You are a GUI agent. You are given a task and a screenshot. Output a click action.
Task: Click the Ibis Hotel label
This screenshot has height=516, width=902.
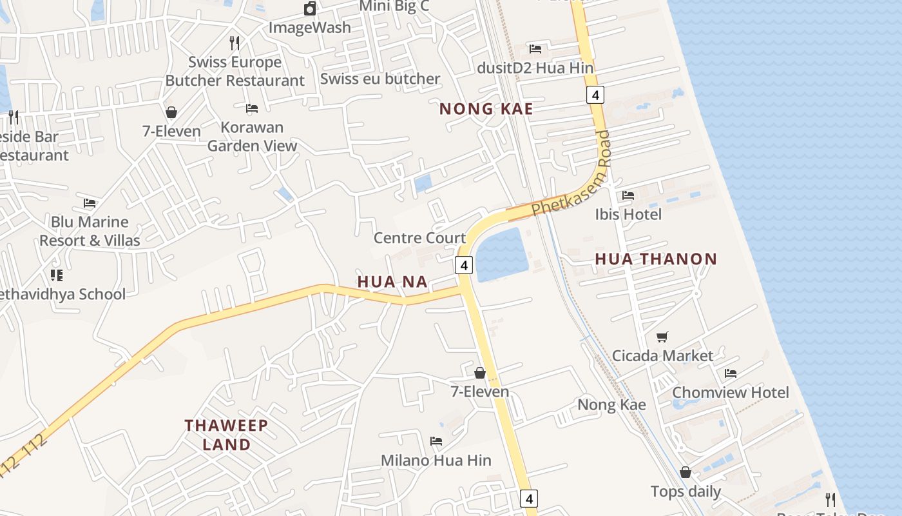pyautogui.click(x=628, y=214)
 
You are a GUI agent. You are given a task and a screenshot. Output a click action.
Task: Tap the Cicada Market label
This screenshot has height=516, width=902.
pyautogui.click(x=662, y=355)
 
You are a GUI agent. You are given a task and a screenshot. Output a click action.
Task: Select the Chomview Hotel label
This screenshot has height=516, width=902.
pyautogui.click(x=730, y=392)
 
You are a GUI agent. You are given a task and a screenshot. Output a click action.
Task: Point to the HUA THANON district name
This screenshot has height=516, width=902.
pyautogui.click(x=655, y=259)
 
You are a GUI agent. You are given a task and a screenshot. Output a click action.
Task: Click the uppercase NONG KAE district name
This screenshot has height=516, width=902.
pyautogui.click(x=486, y=109)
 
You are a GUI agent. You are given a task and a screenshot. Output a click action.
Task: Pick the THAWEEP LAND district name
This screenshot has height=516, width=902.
pyautogui.click(x=226, y=435)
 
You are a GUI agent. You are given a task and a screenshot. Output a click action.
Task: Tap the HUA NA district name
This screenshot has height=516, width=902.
pyautogui.click(x=392, y=281)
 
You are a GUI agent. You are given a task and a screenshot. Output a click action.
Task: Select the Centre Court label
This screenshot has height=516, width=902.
pyautogui.click(x=419, y=238)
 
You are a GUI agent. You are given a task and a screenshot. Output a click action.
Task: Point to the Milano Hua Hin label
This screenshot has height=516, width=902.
pyautogui.click(x=436, y=461)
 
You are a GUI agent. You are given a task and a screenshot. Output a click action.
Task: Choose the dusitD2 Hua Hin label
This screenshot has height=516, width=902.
pyautogui.click(x=535, y=67)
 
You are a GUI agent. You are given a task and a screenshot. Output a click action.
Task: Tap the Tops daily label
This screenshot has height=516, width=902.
pyautogui.click(x=686, y=491)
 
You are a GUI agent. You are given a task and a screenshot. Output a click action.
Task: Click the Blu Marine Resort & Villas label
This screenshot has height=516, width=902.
pyautogui.click(x=90, y=231)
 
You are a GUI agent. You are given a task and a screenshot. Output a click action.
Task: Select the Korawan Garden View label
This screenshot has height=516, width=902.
pyautogui.click(x=252, y=136)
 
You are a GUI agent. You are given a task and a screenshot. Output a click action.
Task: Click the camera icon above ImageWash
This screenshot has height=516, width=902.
pyautogui.click(x=310, y=8)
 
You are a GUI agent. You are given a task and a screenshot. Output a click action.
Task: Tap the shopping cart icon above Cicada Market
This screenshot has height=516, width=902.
pyautogui.click(x=662, y=337)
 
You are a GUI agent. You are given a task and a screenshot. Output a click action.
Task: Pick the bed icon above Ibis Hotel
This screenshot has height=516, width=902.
pyautogui.click(x=628, y=195)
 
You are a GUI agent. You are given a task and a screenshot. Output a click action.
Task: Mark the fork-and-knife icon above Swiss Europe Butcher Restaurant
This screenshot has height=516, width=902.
pyautogui.click(x=235, y=43)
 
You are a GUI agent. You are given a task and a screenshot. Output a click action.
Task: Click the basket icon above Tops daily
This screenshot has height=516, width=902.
pyautogui.click(x=686, y=473)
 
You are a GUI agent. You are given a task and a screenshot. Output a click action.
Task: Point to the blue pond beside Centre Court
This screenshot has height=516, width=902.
pyautogui.click(x=501, y=255)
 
